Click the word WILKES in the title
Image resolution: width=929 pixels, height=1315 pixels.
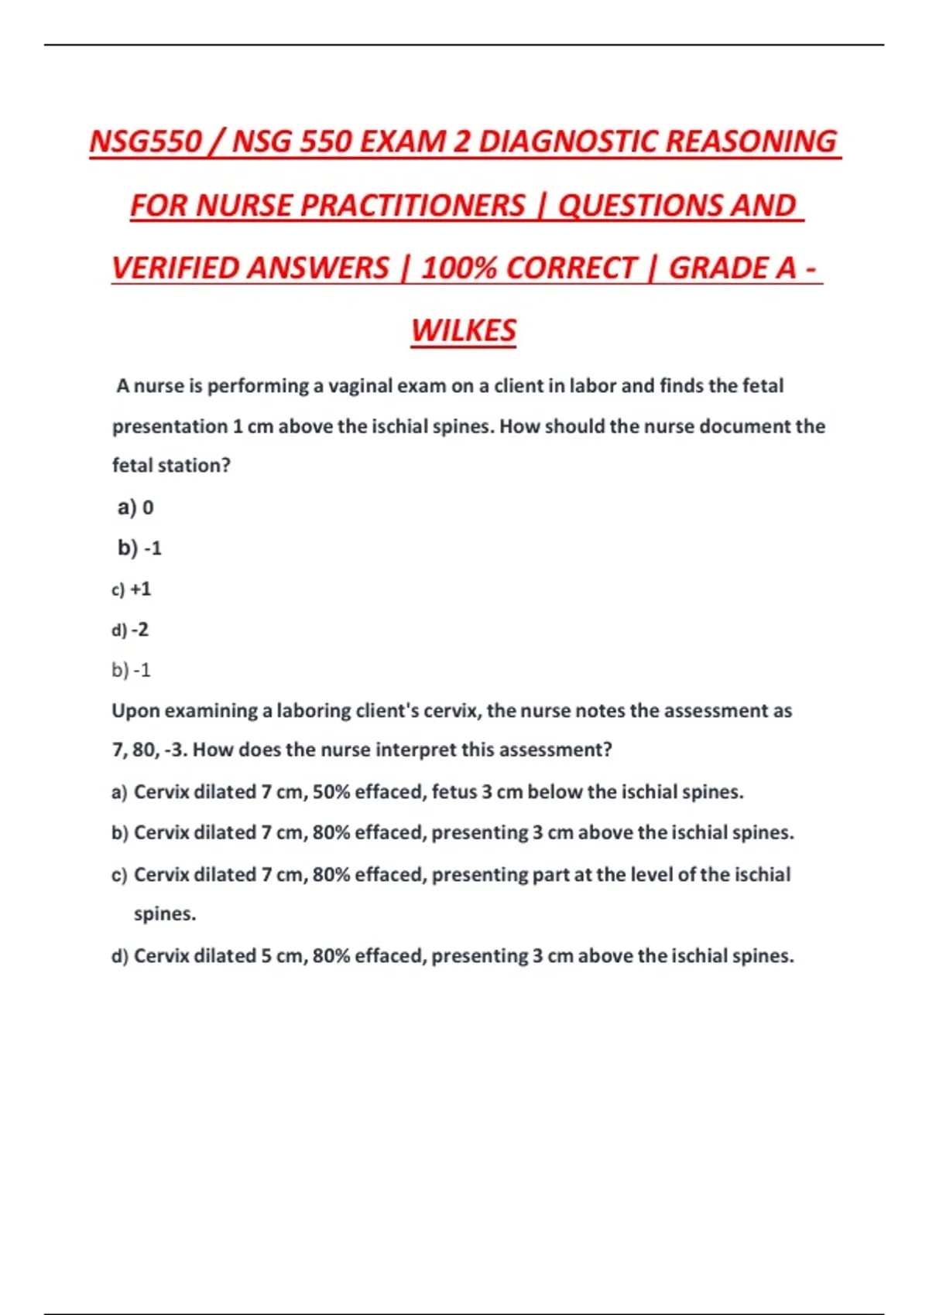tap(463, 331)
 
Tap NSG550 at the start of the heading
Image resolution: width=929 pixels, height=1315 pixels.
tap(146, 142)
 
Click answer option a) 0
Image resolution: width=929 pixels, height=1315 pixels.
tap(135, 507)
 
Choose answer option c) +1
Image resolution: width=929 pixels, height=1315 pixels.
tap(132, 589)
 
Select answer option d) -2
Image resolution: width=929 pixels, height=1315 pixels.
tap(130, 630)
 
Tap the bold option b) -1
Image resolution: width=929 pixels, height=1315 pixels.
tap(139, 548)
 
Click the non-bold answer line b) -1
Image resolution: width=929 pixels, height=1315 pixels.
tap(131, 670)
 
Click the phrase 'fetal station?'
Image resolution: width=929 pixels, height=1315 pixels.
tap(171, 466)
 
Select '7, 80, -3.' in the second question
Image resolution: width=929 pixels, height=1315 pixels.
tap(149, 750)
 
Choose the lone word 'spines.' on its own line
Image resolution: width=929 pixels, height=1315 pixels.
tap(165, 914)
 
